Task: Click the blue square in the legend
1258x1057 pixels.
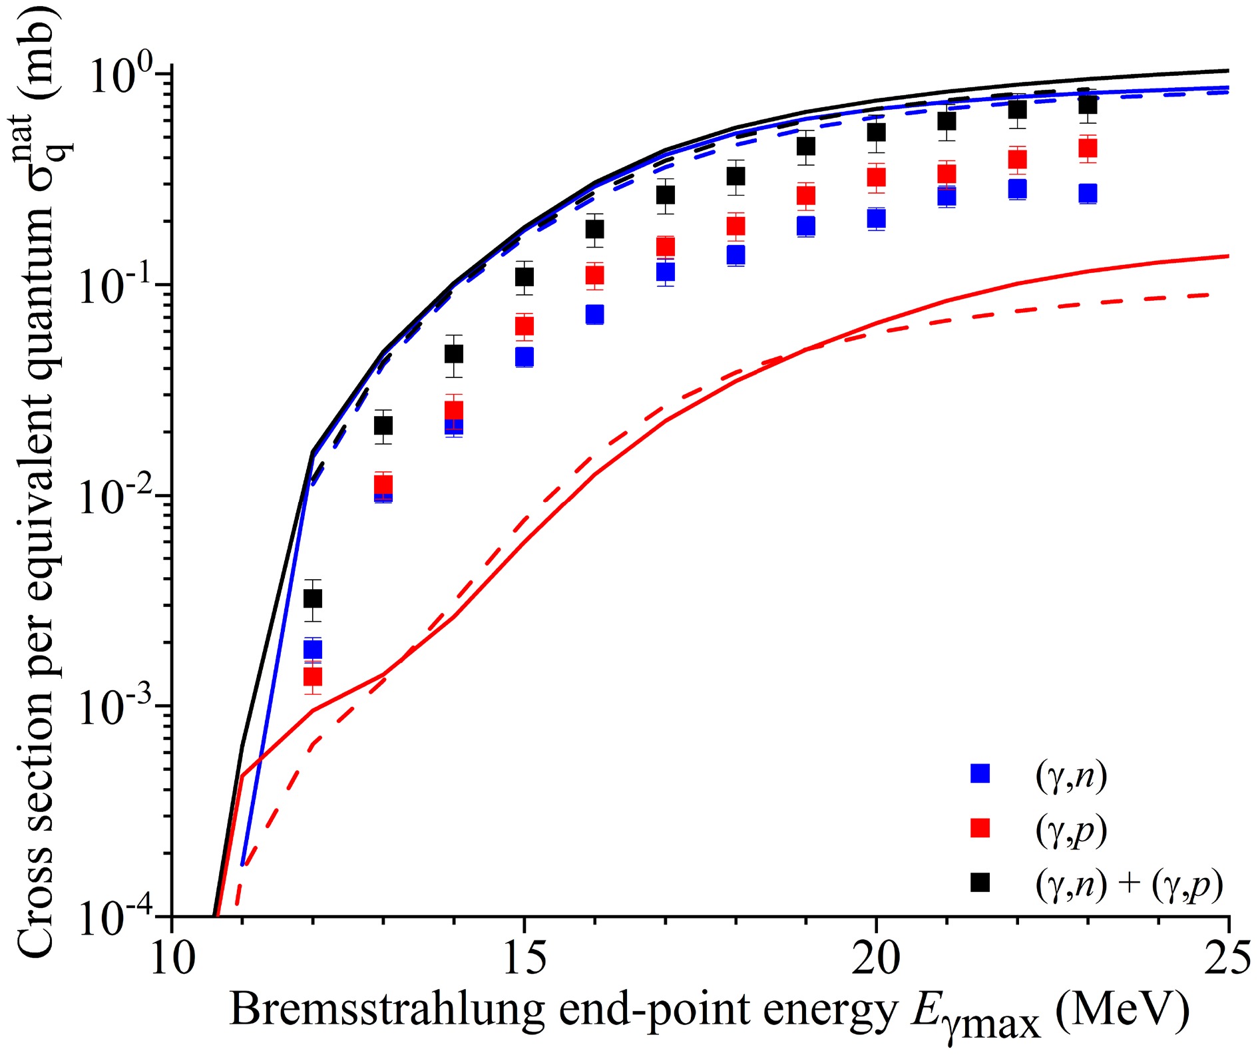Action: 980,773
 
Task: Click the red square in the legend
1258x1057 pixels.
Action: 980,828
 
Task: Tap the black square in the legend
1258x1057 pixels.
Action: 980,883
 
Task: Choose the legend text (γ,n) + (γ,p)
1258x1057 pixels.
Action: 1129,885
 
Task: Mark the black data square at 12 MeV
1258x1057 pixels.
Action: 312,599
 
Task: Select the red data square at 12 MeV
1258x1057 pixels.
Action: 312,677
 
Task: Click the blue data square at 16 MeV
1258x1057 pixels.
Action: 594,314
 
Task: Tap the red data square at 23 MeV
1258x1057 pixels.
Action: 1087,148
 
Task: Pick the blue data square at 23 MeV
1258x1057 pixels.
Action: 1087,194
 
